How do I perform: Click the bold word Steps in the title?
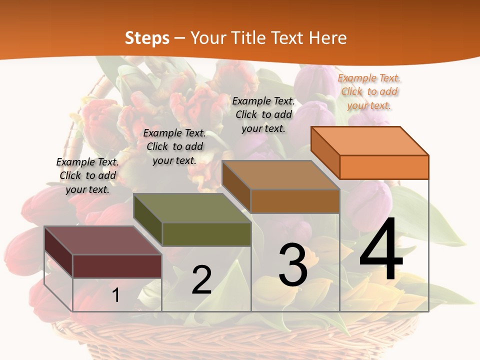tap(147, 38)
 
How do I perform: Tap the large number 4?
tap(381, 250)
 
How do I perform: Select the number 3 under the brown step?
tap(293, 265)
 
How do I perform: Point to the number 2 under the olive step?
tap(201, 279)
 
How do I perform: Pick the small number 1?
tap(116, 295)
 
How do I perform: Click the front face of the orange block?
tap(384, 167)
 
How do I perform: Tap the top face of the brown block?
tap(280, 174)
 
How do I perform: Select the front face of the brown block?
tap(295, 201)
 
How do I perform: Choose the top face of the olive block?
tap(191, 207)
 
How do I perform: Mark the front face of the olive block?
tap(206, 234)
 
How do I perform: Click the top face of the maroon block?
tap(102, 240)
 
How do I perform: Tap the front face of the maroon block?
tap(117, 266)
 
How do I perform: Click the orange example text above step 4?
tap(369, 91)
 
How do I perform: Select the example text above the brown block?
tap(263, 114)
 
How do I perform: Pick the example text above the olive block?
tap(174, 146)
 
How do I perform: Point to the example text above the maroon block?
tap(87, 175)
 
